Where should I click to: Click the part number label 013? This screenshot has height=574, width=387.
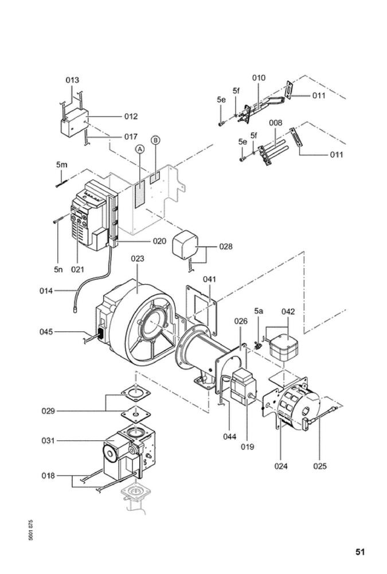tap(72, 80)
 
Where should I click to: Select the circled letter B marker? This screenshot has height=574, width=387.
tap(156, 140)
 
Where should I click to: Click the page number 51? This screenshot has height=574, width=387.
tap(360, 552)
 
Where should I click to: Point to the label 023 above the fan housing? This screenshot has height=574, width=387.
tap(138, 259)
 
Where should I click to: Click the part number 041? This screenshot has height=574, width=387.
tap(210, 280)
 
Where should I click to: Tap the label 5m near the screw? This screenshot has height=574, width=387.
tap(62, 165)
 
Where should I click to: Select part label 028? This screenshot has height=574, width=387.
tap(226, 247)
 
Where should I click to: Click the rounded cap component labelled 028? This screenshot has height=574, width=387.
tap(185, 245)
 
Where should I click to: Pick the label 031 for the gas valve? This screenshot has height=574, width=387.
tap(48, 441)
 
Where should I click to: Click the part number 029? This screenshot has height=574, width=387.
tap(48, 411)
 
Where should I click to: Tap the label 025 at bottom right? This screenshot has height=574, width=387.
tap(320, 466)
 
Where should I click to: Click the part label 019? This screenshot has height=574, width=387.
tap(247, 447)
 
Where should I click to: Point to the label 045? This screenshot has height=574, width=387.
tap(46, 332)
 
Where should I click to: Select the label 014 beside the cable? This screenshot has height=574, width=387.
tap(46, 291)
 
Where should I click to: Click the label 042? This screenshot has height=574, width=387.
tap(288, 312)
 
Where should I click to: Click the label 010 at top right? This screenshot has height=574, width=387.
tap(259, 78)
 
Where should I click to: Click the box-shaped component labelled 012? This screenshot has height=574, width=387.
tap(75, 123)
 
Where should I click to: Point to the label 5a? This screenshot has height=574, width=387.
tap(259, 311)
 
